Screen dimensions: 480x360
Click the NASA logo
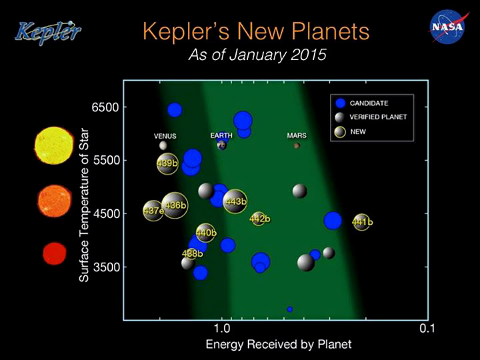447,27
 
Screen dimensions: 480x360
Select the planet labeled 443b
235,201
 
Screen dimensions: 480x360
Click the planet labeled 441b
362,222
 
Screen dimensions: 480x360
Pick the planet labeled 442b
259,219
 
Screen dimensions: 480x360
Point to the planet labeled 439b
167,164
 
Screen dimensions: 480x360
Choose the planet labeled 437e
153,211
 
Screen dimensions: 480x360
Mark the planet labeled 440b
205,233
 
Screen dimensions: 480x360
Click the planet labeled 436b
175,205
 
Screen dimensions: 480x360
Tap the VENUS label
165,136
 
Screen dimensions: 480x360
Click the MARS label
297,135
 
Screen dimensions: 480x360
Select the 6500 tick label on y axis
105,107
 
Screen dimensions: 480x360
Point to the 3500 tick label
105,267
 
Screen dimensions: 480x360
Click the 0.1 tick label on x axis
427,328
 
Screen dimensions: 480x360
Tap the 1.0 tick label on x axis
222,328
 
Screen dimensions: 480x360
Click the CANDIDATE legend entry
362,103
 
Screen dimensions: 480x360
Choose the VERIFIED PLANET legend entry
371,117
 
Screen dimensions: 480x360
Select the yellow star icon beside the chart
54,145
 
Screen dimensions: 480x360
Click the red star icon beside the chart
55,253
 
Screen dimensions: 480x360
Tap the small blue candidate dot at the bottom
290,309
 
